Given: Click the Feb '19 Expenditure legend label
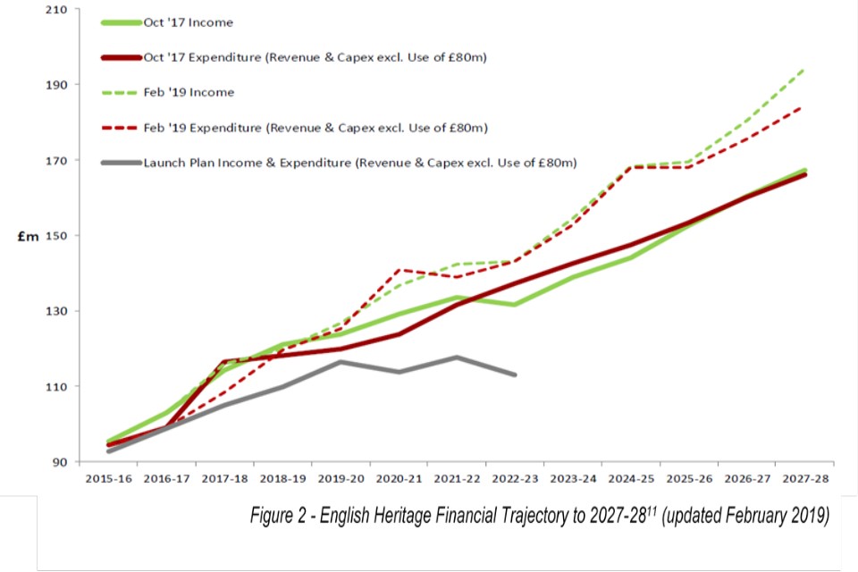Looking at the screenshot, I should coord(315,128).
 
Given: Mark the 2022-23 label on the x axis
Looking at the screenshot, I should coord(516,479).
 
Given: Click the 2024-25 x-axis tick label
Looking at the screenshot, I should coord(632,479).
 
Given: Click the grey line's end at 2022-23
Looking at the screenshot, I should coord(516,374).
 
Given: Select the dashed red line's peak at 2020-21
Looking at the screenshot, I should coord(399,269).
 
